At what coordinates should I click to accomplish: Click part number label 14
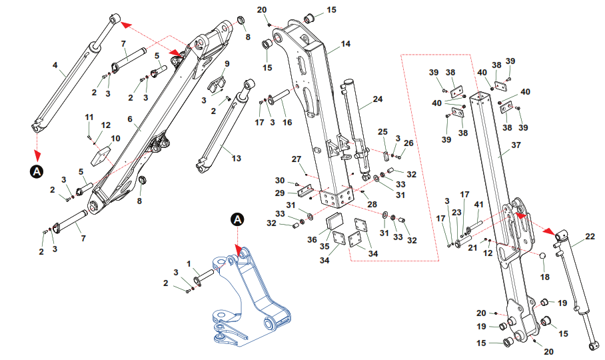[346, 44]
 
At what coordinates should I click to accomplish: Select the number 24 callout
[378, 99]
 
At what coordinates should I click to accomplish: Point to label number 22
[590, 236]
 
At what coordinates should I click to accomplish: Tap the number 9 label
[227, 64]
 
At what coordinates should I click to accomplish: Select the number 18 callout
[544, 277]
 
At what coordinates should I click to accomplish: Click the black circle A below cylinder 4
[36, 171]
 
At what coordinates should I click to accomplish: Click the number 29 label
[281, 193]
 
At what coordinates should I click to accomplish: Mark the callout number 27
[297, 159]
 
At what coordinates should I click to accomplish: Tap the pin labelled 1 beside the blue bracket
[204, 275]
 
